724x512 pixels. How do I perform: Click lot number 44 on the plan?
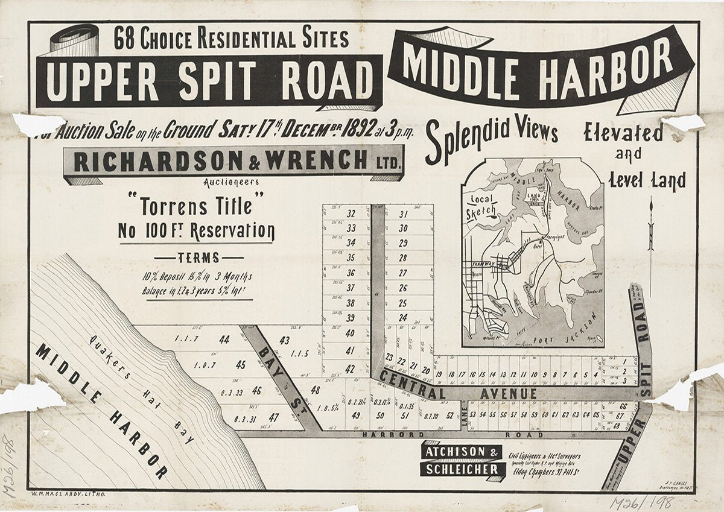(224, 340)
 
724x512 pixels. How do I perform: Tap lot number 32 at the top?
(351, 213)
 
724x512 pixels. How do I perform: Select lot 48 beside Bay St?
(314, 390)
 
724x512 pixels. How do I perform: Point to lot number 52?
(449, 415)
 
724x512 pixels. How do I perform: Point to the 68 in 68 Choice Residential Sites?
(125, 40)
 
